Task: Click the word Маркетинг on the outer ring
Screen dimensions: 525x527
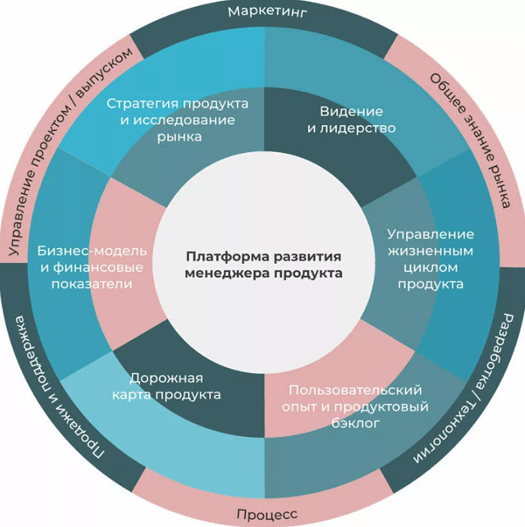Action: [x=268, y=12]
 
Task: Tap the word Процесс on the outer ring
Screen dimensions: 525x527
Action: [x=267, y=514]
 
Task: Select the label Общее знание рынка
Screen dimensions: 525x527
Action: [x=471, y=140]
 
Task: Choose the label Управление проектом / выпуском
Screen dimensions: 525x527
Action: [x=70, y=151]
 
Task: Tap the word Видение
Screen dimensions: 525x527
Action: [x=351, y=111]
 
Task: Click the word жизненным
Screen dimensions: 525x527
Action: [x=430, y=250]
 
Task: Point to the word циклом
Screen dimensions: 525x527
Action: [x=430, y=268]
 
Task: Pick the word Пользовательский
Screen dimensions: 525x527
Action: [x=355, y=391]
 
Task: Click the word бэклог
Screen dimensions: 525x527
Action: [x=355, y=423]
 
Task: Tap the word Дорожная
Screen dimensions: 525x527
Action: [x=166, y=379]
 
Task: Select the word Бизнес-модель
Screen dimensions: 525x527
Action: [x=91, y=251]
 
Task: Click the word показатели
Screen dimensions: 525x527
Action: [x=91, y=284]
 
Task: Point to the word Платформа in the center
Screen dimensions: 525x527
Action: [x=228, y=256]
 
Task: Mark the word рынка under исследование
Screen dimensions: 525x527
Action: [x=179, y=137]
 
